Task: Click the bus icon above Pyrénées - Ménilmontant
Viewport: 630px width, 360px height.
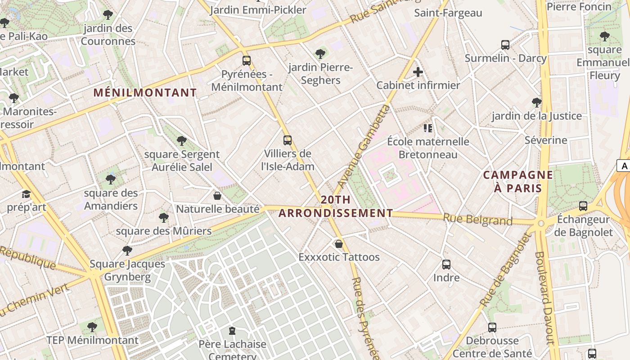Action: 246,61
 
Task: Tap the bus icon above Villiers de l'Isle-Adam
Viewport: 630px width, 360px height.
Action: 288,140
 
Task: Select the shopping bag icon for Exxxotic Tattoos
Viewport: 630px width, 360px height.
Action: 339,244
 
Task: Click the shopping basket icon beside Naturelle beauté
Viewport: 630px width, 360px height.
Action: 217,196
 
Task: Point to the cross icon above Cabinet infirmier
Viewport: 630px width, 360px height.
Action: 418,72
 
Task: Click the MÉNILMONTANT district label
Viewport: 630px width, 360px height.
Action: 145,93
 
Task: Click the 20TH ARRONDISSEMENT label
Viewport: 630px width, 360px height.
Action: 336,207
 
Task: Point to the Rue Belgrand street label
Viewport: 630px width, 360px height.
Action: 477,220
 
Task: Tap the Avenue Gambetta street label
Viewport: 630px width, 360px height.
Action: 363,147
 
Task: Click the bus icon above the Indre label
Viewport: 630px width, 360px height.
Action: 446,265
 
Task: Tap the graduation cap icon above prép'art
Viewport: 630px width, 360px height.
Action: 26,194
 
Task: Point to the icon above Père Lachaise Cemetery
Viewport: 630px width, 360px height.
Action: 232,331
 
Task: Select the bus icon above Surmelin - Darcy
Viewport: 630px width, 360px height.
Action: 505,45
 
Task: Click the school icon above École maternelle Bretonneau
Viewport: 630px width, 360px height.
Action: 428,129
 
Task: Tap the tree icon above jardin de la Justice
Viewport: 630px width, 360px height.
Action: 536,103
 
